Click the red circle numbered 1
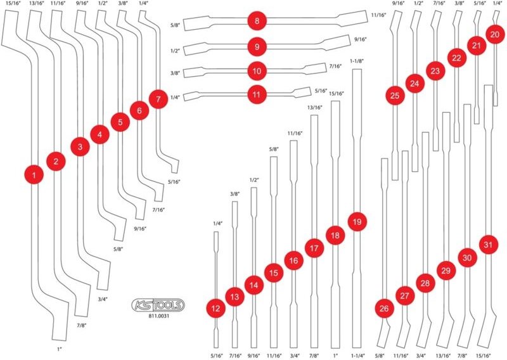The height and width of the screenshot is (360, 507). [34, 175]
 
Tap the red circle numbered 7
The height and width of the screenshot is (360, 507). [158, 99]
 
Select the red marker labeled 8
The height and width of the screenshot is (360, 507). [257, 21]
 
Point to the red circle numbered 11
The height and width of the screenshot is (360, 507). [257, 94]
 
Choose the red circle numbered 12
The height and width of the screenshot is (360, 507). [215, 308]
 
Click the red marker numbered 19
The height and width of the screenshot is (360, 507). [357, 222]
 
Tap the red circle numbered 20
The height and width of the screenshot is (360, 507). [495, 34]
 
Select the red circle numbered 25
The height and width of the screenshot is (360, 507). [395, 96]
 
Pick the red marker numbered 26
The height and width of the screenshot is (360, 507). [384, 308]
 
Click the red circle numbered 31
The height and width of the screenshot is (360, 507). [488, 245]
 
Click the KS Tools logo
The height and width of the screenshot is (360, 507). [158, 305]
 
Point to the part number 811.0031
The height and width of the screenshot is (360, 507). [158, 316]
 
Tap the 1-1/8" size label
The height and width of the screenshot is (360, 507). [357, 61]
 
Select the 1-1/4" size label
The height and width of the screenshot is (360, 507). [357, 356]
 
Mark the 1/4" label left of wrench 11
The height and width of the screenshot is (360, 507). [175, 97]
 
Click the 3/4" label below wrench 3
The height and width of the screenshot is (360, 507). [102, 299]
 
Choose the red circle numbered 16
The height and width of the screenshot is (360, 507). [293, 260]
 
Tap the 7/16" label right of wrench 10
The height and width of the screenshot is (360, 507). [335, 67]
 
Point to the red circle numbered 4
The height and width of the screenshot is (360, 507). [99, 134]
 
